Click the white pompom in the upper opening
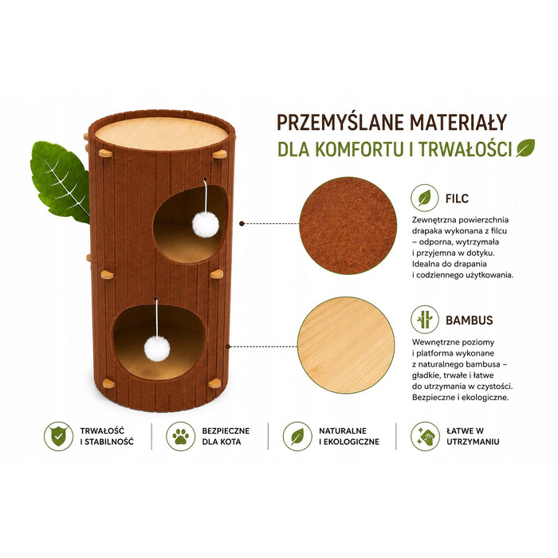pos(206,224)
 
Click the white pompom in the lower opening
pos(157,349)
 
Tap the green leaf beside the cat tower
pos(60,182)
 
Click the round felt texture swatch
pos(348,226)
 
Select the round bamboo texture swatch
pos(346,345)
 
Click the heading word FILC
pos(457,198)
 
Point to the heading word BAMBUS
pos(469,320)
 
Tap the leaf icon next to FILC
pos(424,198)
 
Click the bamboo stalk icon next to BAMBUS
pos(424,319)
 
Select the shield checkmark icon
pos(59,436)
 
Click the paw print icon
pos(181,436)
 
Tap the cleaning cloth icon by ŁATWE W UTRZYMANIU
pos(425,436)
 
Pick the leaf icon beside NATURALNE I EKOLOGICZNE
pos(297,436)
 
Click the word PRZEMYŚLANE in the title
pos(340,123)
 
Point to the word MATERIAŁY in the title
pos(458,123)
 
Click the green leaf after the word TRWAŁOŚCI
pos(525,148)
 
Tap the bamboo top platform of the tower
pos(162,133)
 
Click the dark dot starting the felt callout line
pos(242,223)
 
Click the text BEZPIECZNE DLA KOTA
pos(226,436)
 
